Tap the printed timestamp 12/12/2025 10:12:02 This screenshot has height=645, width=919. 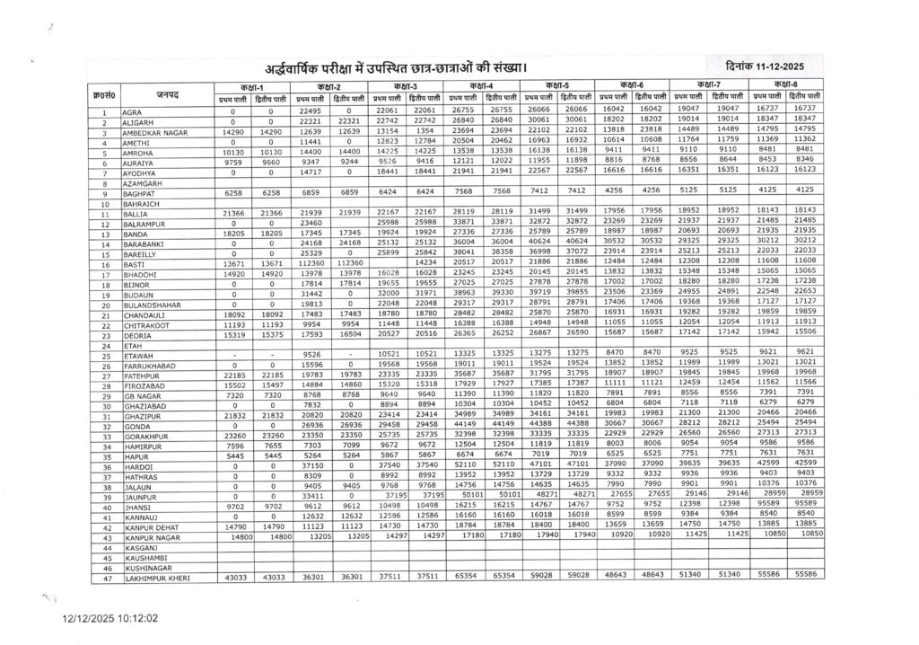click(109, 619)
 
